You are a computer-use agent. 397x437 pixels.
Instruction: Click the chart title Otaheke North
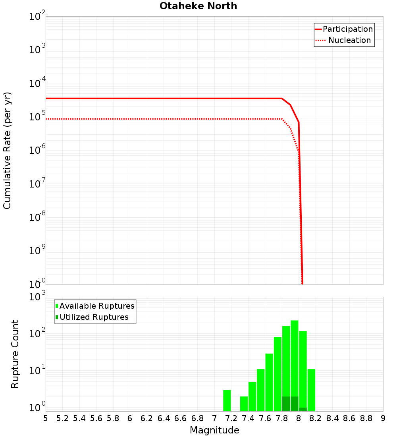tap(198, 6)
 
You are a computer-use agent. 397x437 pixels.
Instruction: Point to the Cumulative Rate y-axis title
tap(7, 150)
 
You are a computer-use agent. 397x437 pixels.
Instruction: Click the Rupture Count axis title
tap(15, 354)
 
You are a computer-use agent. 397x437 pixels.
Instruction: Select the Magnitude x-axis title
tap(214, 430)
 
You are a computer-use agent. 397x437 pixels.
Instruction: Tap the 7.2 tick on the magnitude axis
tap(231, 418)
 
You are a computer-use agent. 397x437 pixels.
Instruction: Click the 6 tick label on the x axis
tap(130, 418)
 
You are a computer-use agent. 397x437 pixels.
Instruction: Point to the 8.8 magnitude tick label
tap(366, 418)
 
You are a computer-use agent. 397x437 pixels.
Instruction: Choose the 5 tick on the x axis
tap(46, 418)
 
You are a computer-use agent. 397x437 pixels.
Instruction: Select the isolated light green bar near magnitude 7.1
tap(227, 400)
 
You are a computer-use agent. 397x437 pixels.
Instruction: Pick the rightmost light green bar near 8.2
tap(311, 390)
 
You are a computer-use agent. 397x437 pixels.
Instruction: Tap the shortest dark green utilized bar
tap(303, 409)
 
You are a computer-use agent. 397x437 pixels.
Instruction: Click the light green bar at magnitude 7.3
tap(244, 404)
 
